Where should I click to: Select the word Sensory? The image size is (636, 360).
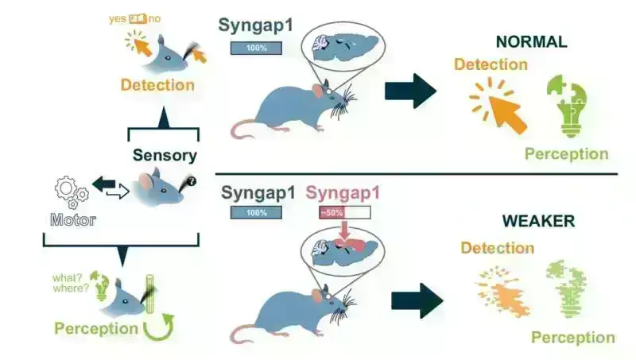tap(165, 156)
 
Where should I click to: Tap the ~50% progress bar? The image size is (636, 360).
tap(345, 213)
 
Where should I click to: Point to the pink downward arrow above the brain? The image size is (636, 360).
tap(344, 230)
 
